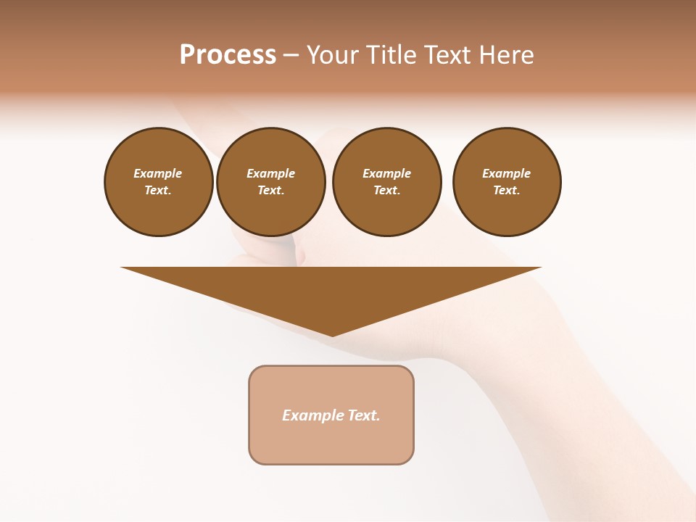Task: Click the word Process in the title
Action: pyautogui.click(x=228, y=55)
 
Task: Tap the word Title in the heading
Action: pyautogui.click(x=392, y=55)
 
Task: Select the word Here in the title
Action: pyautogui.click(x=507, y=55)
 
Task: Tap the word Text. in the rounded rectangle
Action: pyautogui.click(x=363, y=415)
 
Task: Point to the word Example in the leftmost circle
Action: pyautogui.click(x=158, y=173)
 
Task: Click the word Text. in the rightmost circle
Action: pyautogui.click(x=507, y=190)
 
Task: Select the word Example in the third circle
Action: pyautogui.click(x=387, y=173)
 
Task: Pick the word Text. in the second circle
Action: pyautogui.click(x=271, y=190)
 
